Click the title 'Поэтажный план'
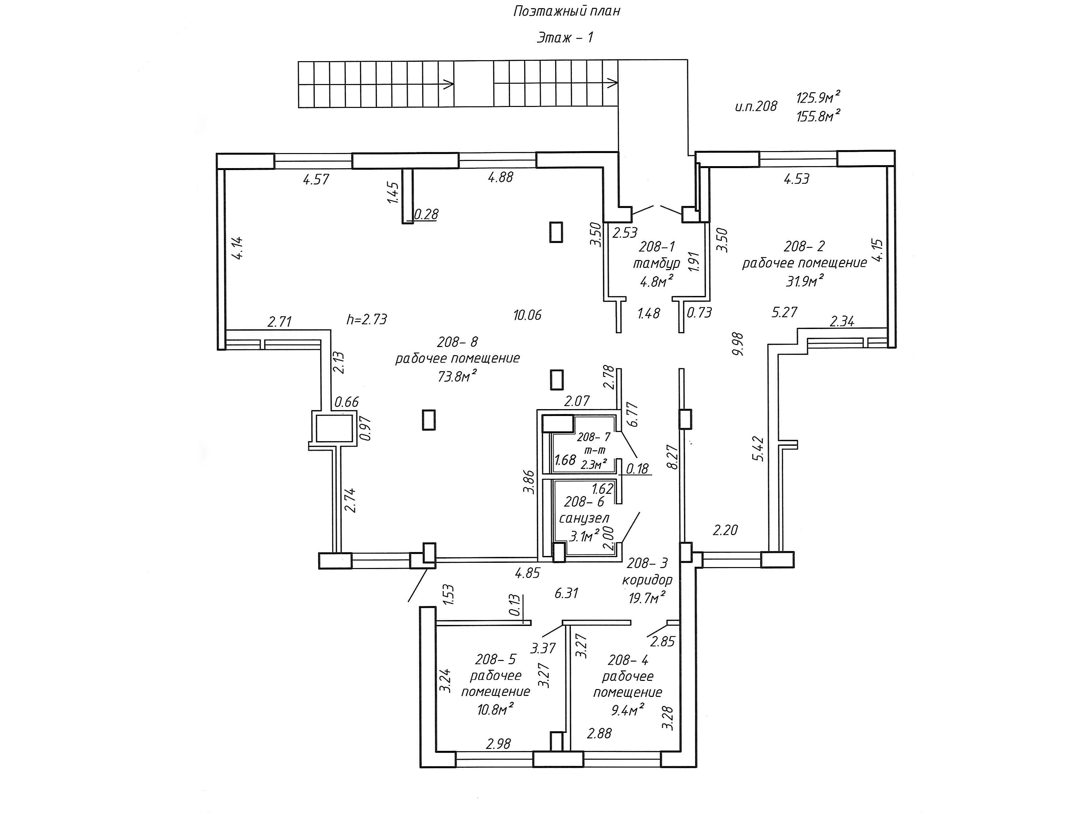566,11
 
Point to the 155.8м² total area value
818,116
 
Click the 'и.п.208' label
756,106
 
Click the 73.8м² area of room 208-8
457,376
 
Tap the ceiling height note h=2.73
367,320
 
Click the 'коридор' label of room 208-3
647,580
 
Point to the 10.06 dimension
527,315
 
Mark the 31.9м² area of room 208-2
805,281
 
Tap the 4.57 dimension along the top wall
316,180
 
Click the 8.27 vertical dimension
673,457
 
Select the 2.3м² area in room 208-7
593,464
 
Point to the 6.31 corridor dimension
566,593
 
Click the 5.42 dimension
758,449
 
